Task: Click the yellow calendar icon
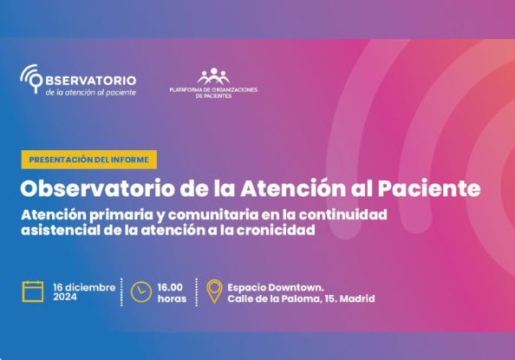click(33, 291)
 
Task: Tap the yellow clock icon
click(141, 291)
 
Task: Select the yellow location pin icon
click(214, 291)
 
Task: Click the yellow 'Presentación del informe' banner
click(89, 160)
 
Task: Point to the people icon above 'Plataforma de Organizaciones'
click(213, 76)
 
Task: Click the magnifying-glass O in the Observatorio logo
click(36, 80)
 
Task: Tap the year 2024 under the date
click(65, 298)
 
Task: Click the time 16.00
click(170, 287)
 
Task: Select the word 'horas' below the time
click(172, 299)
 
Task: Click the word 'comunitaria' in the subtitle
click(212, 214)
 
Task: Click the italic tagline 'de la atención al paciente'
click(91, 93)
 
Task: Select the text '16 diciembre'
click(84, 287)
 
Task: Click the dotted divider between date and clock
click(121, 292)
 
